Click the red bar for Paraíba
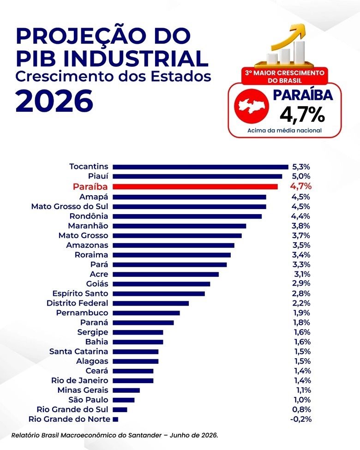[195, 186]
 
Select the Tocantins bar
[200, 167]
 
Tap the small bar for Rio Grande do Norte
[115, 419]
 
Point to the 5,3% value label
[301, 167]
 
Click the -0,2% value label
[300, 419]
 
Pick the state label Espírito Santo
[80, 294]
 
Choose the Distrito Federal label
[77, 303]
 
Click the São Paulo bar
[123, 400]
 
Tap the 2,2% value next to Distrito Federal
[301, 303]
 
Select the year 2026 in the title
[54, 101]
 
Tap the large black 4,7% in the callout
[302, 114]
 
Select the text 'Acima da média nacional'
[284, 131]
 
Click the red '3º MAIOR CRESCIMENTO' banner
[284, 76]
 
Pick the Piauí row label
[98, 176]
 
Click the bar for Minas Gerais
[126, 390]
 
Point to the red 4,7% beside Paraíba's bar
[300, 186]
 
